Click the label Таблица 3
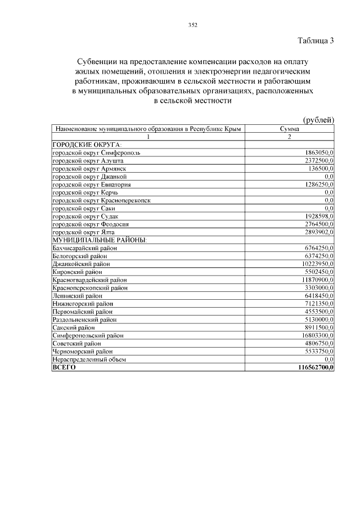coord(315,40)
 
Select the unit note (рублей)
coord(318,120)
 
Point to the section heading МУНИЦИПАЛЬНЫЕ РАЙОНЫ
coord(99,240)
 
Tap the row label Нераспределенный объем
coord(89,359)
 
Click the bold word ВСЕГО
coord(64,367)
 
